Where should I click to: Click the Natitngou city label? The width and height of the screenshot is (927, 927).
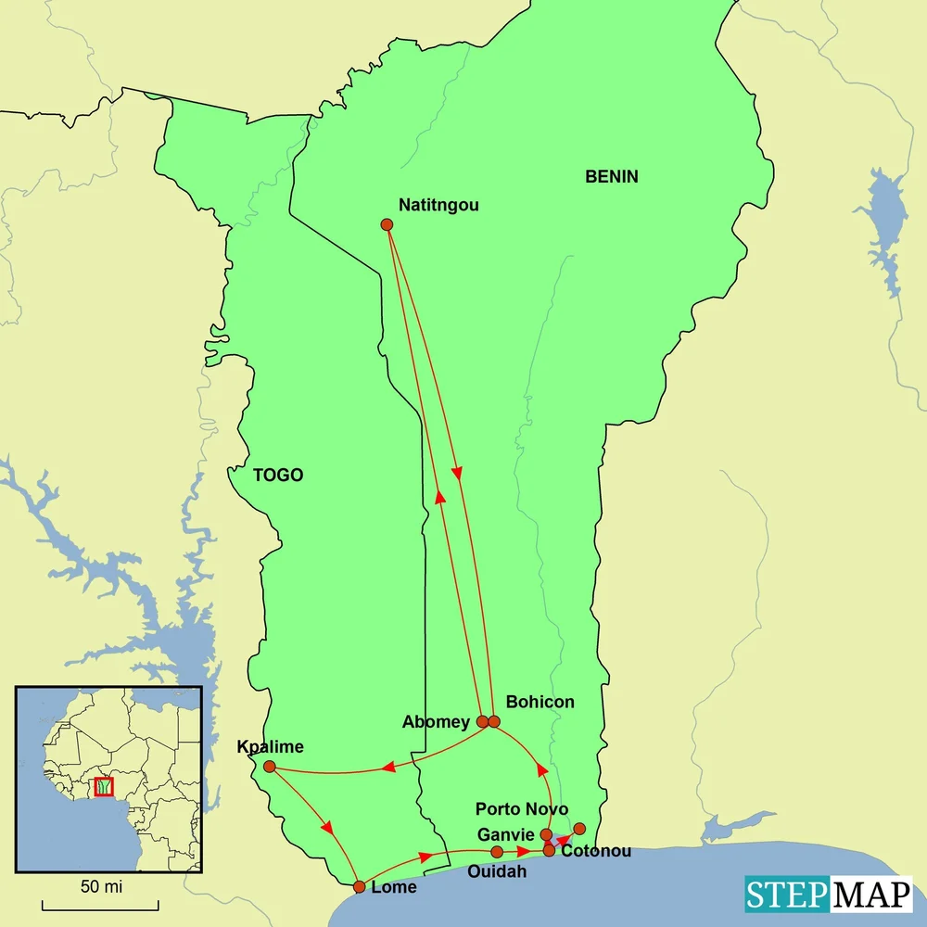tap(438, 205)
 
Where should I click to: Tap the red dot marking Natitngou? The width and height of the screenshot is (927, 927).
tap(387, 224)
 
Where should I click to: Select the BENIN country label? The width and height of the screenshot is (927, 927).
tap(611, 176)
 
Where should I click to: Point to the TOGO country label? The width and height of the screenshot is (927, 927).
tap(278, 476)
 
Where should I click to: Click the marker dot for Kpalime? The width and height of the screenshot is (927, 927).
tap(269, 767)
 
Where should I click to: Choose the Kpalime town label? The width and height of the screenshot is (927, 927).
tap(271, 747)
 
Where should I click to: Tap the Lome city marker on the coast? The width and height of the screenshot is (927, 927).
tap(360, 887)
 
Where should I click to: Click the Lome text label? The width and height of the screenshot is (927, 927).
tap(393, 887)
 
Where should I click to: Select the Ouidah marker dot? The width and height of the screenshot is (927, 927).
tap(497, 852)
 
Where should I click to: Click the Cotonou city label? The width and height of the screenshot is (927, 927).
tap(596, 851)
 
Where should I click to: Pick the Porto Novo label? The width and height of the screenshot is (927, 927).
tap(522, 809)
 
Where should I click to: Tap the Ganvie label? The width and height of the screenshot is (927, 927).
tap(505, 834)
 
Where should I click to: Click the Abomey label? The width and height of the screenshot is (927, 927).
tap(436, 722)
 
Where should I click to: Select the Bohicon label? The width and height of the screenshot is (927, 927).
tap(540, 702)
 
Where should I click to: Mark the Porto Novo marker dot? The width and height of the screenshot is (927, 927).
tap(579, 828)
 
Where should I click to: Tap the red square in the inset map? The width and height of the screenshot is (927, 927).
tap(104, 787)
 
